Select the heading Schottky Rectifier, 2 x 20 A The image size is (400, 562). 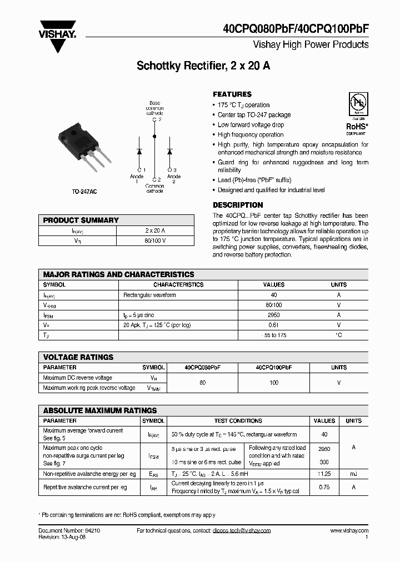(203, 66)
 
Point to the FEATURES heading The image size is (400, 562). (232, 94)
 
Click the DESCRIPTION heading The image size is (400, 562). (238, 205)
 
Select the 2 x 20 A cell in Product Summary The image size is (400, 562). (155, 230)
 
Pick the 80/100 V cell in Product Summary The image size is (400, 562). (155, 241)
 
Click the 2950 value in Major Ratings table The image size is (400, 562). (273, 315)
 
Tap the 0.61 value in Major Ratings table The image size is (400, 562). (273, 325)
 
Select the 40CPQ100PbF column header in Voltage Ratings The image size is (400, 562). (274, 368)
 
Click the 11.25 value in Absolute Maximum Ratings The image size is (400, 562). (324, 474)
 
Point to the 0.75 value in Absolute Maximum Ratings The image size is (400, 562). (324, 487)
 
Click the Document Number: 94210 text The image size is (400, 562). (69, 531)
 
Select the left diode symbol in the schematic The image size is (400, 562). (139, 151)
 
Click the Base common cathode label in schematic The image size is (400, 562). (155, 108)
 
